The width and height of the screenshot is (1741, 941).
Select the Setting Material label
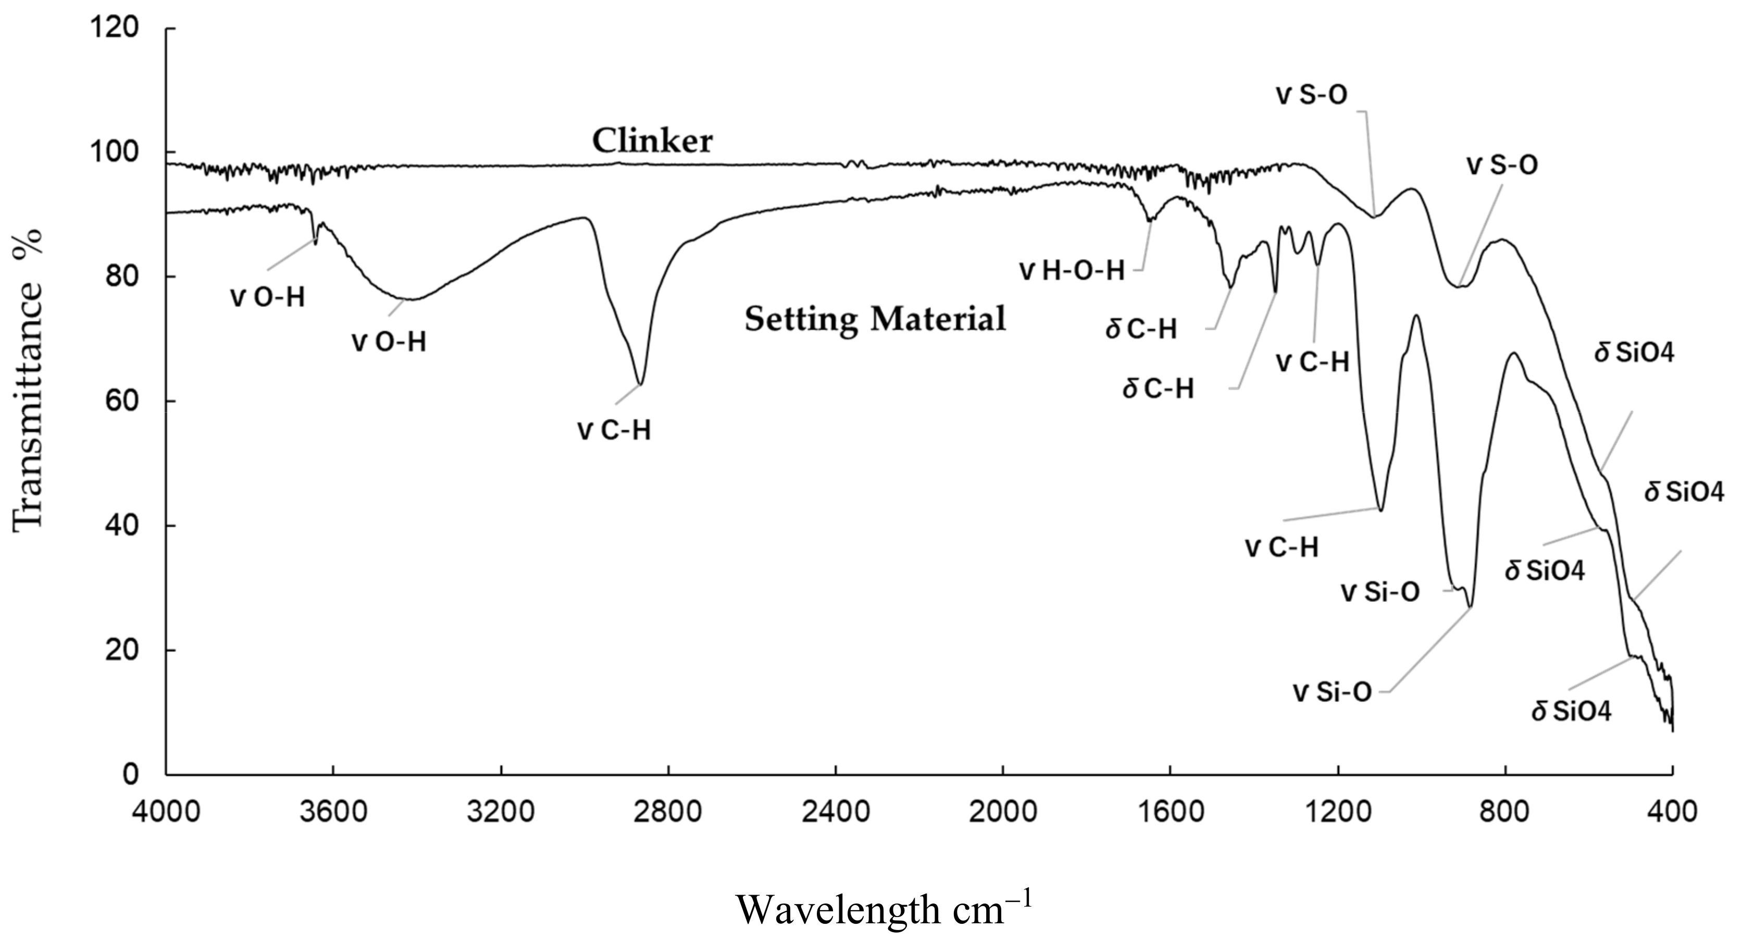(875, 319)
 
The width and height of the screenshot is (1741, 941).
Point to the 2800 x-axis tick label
(668, 812)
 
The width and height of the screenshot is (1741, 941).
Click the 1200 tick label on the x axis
(1338, 812)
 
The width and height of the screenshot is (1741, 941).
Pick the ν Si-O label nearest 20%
(1332, 693)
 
